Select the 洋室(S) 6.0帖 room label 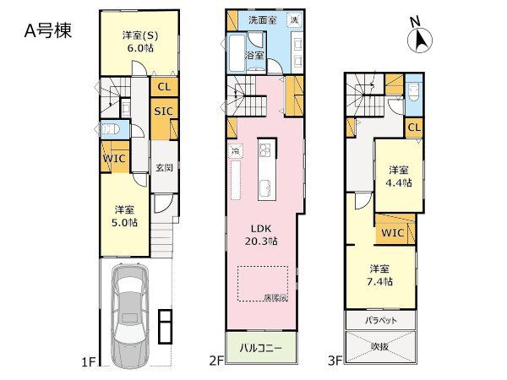tap(138, 41)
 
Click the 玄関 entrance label tap(164, 168)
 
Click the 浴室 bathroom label tap(254, 55)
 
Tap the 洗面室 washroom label tap(261, 19)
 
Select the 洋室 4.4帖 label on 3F tap(401, 175)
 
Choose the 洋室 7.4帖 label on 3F tap(379, 276)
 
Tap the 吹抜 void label tap(383, 346)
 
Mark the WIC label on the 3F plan tap(392, 231)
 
